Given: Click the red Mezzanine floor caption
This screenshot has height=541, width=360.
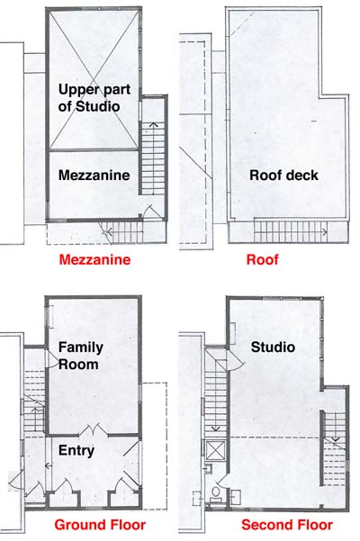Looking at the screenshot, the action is [x=94, y=259].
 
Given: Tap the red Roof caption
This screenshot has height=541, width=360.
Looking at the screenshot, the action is [x=263, y=259].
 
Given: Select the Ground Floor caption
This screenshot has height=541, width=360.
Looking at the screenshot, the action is [x=100, y=525].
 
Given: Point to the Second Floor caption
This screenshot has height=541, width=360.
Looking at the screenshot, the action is [x=287, y=525].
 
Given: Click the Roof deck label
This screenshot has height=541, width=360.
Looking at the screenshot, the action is [x=283, y=176].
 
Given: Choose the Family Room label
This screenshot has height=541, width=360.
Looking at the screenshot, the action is [x=81, y=356].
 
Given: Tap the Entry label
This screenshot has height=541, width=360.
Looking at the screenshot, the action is [x=76, y=451].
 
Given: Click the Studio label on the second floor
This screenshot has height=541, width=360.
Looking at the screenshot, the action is [x=273, y=347].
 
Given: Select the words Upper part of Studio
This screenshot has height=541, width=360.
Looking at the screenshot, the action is [x=94, y=97].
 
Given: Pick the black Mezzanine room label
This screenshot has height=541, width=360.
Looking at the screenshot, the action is [x=94, y=176].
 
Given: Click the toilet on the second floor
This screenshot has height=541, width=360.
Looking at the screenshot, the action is [x=216, y=492].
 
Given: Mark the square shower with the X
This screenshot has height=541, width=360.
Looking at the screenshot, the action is [x=215, y=450].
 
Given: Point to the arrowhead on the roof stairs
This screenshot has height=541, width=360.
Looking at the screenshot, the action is [x=325, y=232].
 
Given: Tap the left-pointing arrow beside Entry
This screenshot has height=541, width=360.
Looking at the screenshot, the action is [x=49, y=465].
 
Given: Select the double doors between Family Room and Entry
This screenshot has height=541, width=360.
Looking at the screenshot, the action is [x=94, y=430].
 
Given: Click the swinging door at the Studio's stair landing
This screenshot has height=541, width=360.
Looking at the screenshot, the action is [x=235, y=362].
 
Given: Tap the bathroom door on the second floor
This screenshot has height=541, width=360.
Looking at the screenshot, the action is [x=220, y=481].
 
